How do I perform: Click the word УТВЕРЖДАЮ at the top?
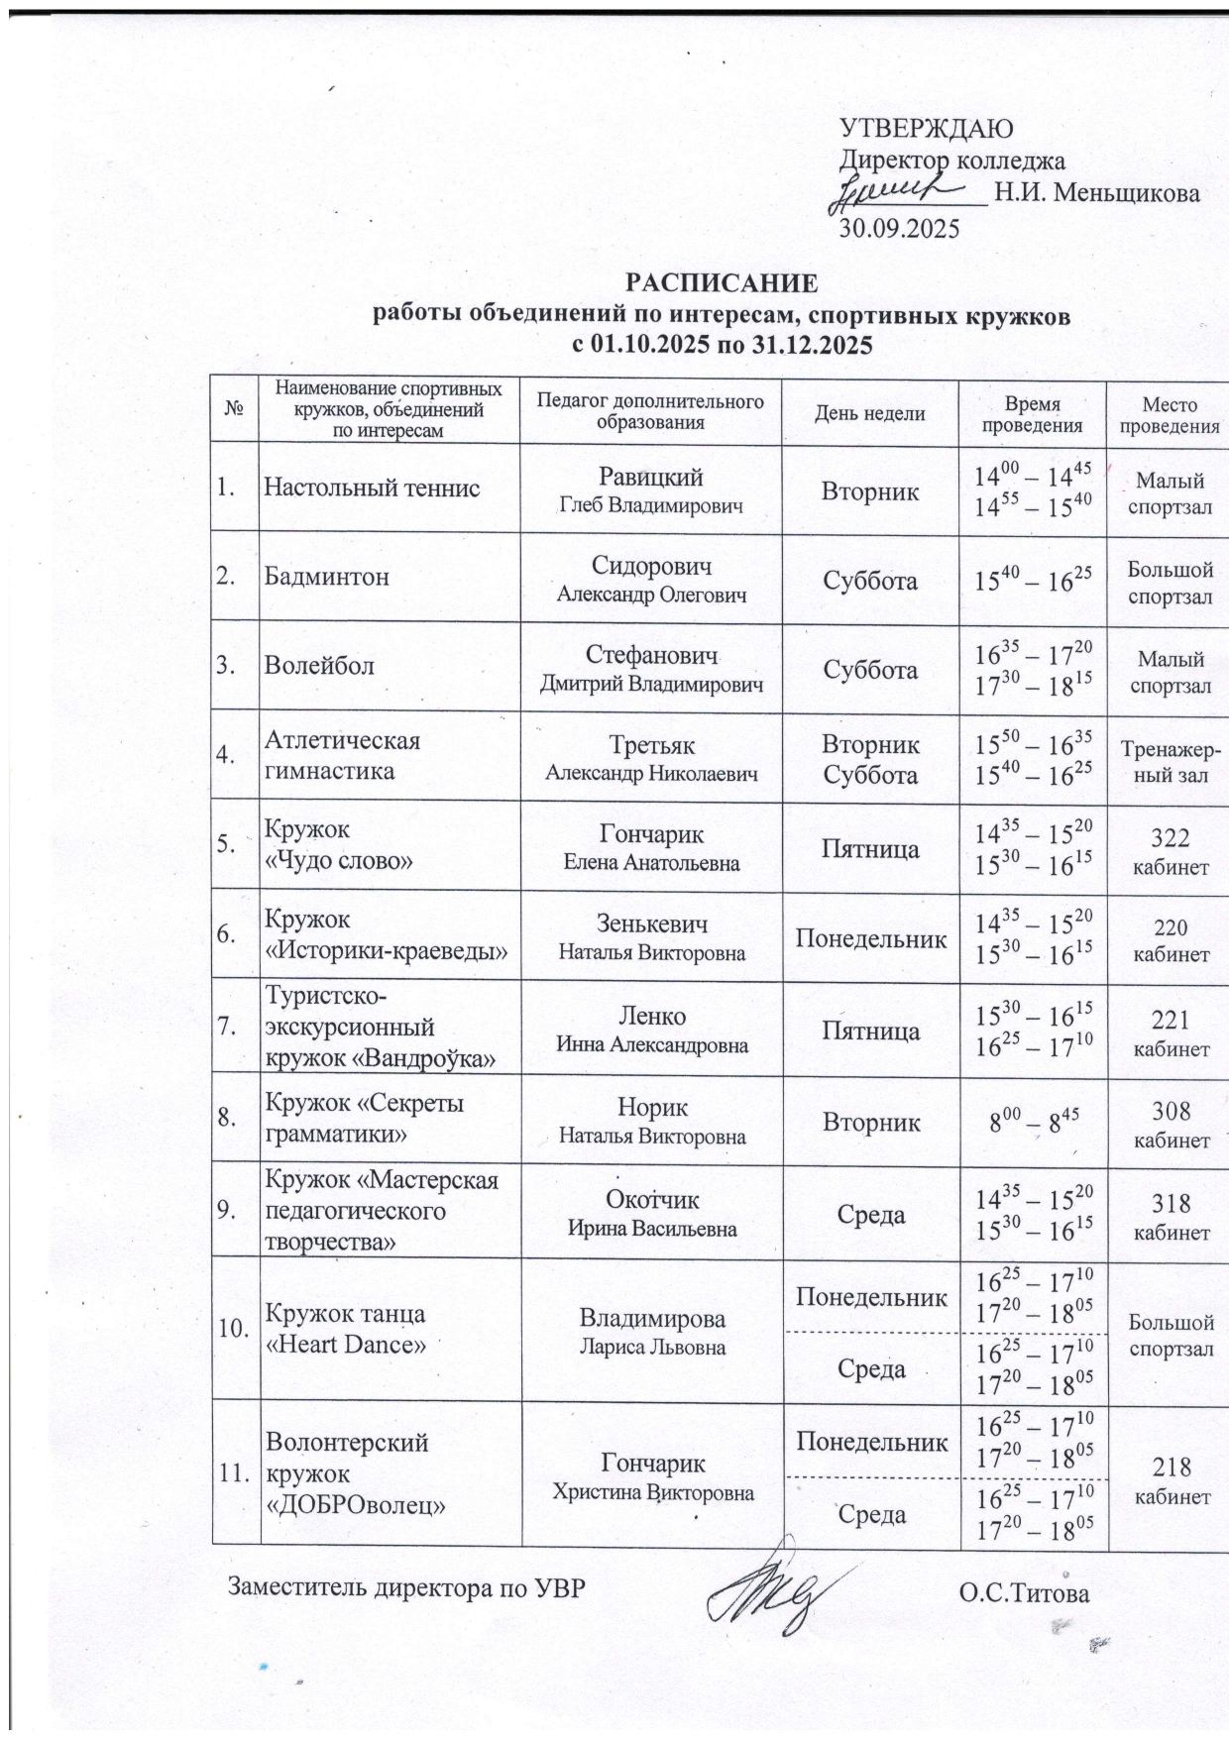point(926,129)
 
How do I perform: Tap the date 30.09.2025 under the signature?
point(900,229)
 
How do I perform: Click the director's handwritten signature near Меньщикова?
point(897,190)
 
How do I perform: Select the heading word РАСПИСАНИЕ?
point(721,284)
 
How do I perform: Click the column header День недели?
point(869,414)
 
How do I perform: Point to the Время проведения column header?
point(1031,414)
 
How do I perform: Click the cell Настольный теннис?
point(372,488)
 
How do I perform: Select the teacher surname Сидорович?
point(651,566)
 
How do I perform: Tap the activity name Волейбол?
point(318,666)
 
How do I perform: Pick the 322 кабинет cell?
point(1171,851)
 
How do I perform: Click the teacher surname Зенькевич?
point(651,924)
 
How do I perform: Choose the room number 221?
point(1171,1020)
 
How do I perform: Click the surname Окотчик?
point(651,1200)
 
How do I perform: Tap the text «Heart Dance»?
point(346,1344)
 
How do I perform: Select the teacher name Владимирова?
point(651,1319)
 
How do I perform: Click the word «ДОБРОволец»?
point(354,1504)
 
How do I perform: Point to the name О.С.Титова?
point(1024,1593)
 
